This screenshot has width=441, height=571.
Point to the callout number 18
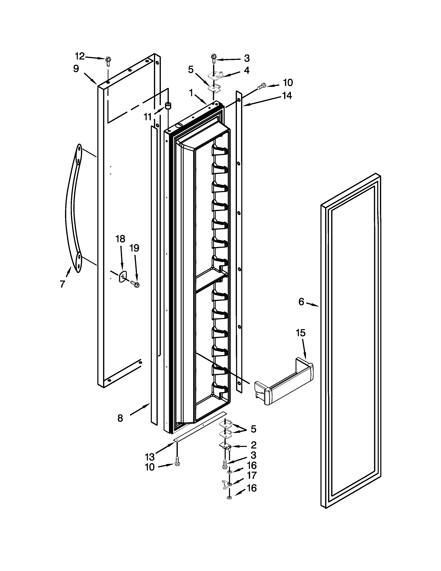pos(120,239)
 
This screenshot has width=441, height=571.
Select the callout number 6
pos(301,302)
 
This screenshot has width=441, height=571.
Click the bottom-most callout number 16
pos(252,488)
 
